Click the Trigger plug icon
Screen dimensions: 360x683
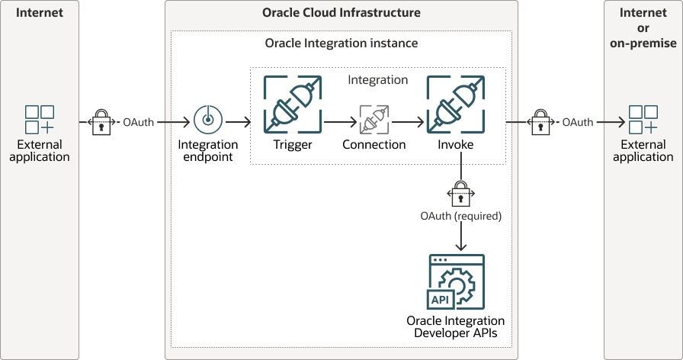click(293, 104)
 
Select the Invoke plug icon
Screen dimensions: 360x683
click(456, 104)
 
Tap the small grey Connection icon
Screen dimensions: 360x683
click(374, 121)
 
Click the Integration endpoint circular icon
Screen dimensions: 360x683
click(207, 121)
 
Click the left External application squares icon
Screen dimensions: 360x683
click(40, 121)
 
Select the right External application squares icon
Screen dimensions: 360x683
click(643, 121)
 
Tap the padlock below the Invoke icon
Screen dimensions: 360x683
click(460, 194)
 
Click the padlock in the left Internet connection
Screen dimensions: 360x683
click(101, 121)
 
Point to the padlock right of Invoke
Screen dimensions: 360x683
click(540, 121)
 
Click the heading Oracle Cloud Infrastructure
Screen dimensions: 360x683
click(341, 13)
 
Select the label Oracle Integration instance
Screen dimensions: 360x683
click(341, 43)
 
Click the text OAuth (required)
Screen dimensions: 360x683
click(460, 216)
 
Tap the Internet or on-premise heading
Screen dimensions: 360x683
click(643, 28)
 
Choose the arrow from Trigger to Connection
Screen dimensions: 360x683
click(341, 121)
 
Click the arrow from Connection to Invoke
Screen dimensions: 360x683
click(408, 121)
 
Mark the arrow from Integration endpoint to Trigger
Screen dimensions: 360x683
click(238, 121)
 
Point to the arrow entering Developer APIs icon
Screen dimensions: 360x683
click(460, 238)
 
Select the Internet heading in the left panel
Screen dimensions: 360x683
click(39, 13)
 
